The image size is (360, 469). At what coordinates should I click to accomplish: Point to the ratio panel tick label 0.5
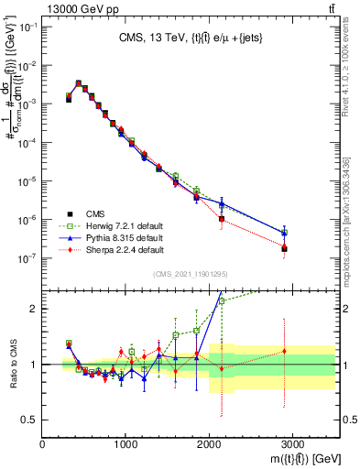coord(29,420)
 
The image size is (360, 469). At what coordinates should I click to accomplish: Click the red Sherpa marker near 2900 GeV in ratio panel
coord(284,351)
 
